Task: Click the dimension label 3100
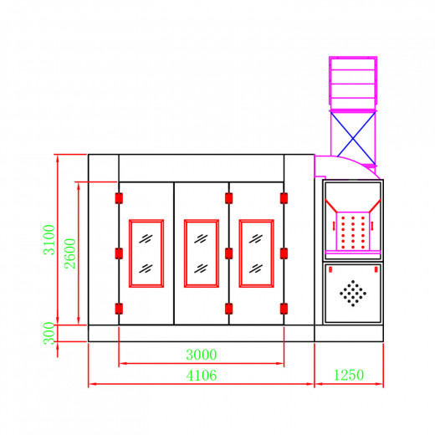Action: (x=49, y=240)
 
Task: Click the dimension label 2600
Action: (x=70, y=253)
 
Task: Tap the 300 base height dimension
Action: (x=49, y=334)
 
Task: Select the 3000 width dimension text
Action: (x=202, y=355)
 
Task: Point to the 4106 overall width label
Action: (x=202, y=376)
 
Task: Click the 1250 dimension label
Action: (x=349, y=375)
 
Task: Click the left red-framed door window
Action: (x=146, y=253)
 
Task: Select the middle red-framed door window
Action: (x=202, y=253)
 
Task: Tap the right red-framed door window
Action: (x=256, y=253)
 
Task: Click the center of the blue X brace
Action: (x=353, y=139)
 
